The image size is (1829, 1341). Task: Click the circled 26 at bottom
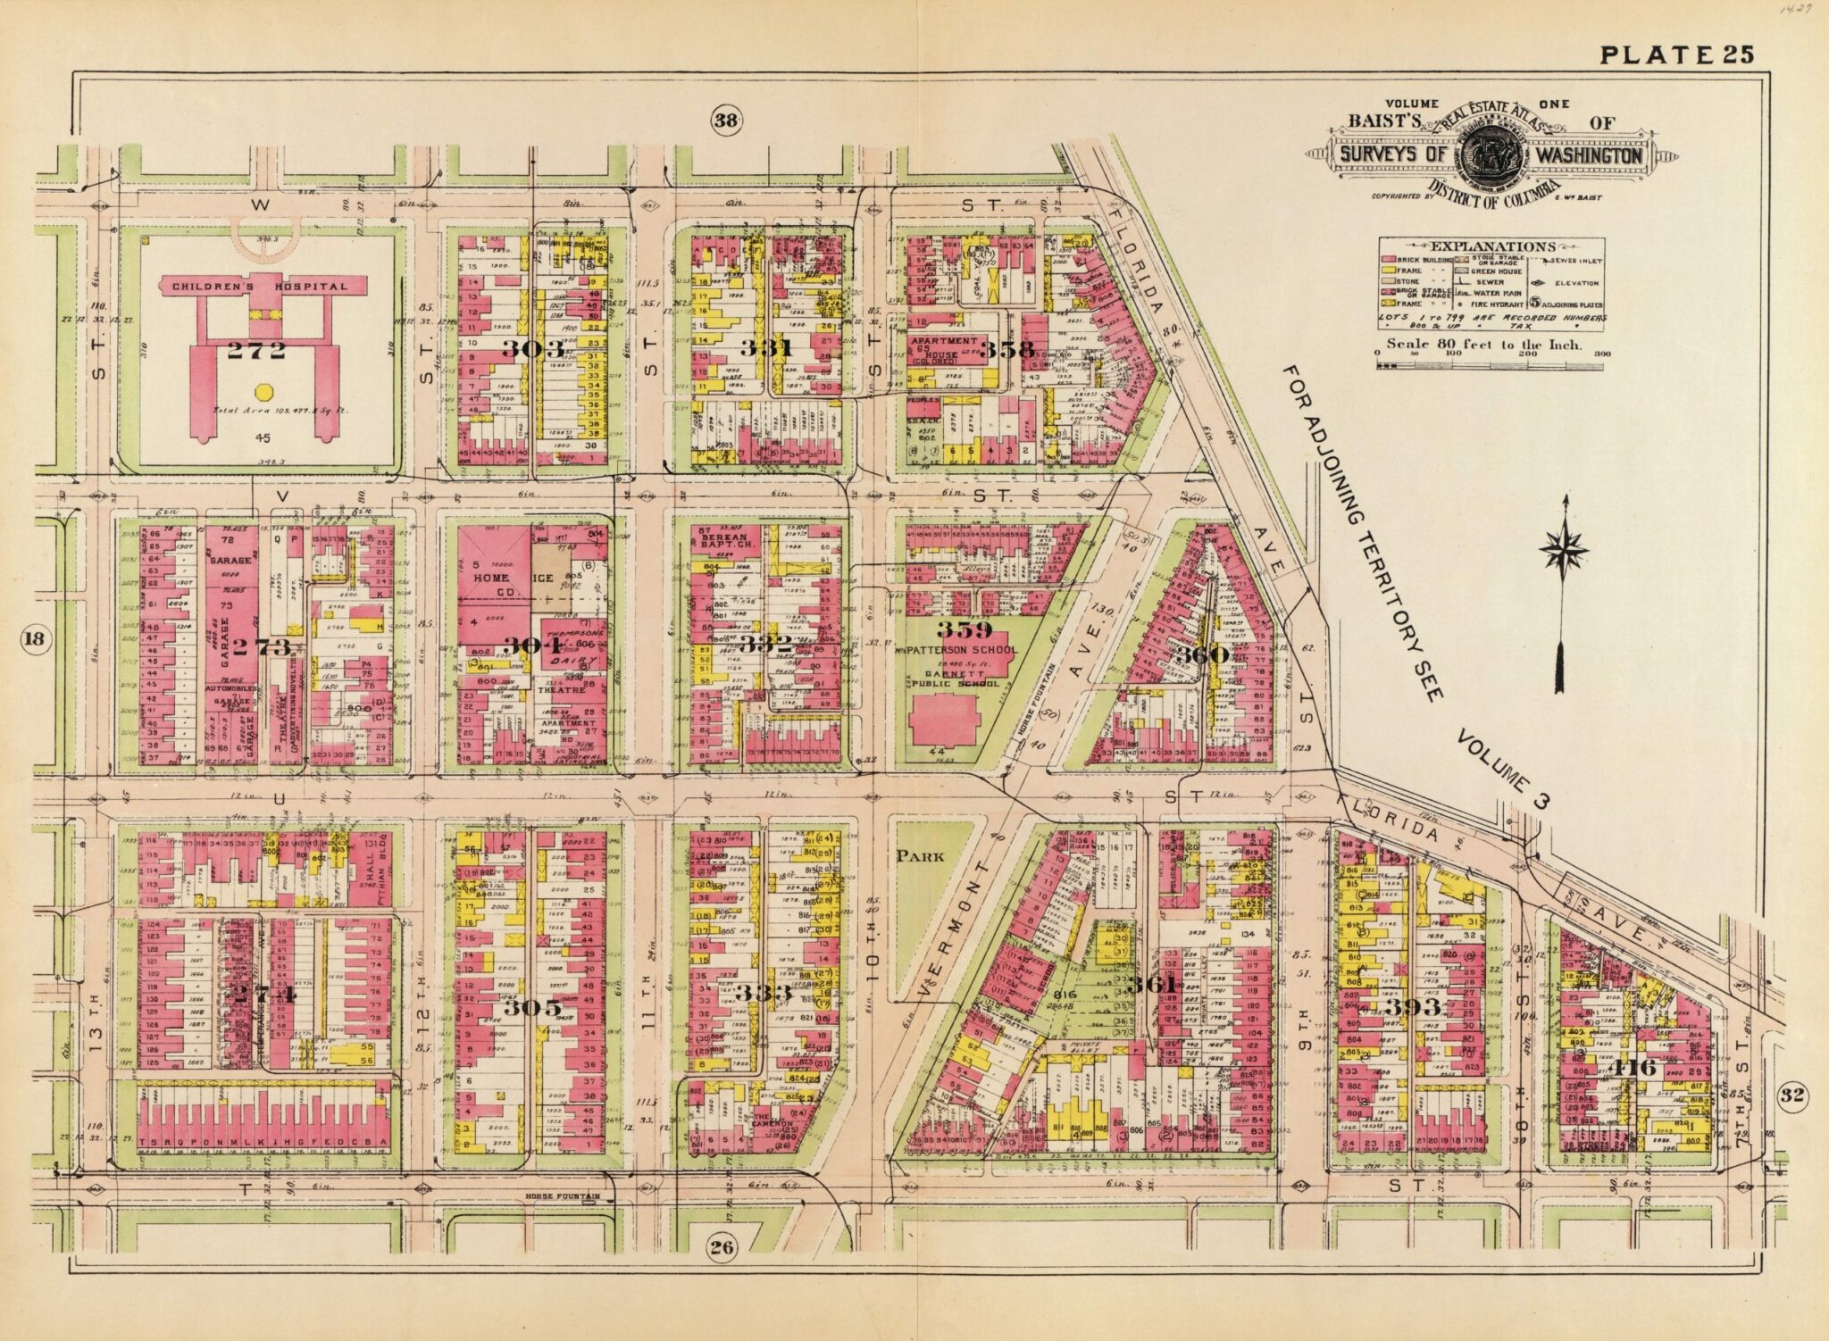tap(722, 1247)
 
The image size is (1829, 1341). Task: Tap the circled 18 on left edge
tap(34, 638)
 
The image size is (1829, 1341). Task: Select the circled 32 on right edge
tap(1788, 1096)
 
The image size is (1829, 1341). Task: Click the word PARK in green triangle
tap(920, 855)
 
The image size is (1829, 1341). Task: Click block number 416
tap(1634, 1067)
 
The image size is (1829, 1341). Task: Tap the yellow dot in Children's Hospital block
tap(263, 392)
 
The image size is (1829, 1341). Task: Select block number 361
tap(1151, 986)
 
